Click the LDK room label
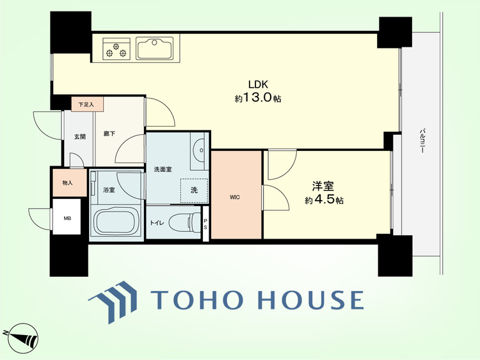point(258,84)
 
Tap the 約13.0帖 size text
point(258,98)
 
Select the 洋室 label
point(323,186)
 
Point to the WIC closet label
point(235,198)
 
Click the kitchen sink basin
point(155,49)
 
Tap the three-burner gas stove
point(116,49)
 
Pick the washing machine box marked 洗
point(194,191)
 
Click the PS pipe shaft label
point(205,224)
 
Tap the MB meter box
point(67,217)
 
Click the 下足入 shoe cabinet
point(87,104)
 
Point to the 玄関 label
point(79,136)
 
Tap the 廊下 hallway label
point(109,134)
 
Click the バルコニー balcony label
point(423,141)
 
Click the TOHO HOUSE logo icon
point(113,301)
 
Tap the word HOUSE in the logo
point(310,300)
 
